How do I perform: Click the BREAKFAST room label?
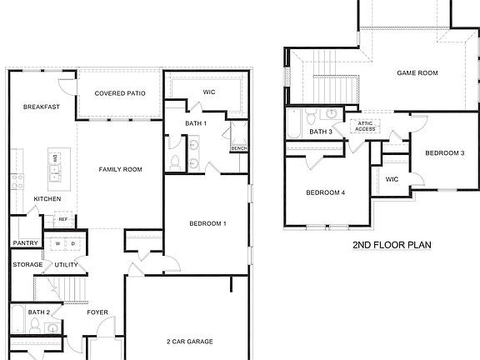(40, 107)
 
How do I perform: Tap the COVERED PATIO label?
(120, 93)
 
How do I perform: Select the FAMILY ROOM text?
(121, 169)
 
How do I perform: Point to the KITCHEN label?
(47, 198)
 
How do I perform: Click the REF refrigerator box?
(62, 219)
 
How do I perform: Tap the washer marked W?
(58, 243)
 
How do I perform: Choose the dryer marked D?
(72, 243)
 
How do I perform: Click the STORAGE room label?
(27, 265)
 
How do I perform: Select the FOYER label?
(98, 312)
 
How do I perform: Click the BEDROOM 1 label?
(207, 223)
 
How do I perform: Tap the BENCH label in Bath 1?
(238, 148)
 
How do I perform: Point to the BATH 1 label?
(197, 123)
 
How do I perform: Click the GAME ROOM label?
(416, 73)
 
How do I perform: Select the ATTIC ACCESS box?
(365, 127)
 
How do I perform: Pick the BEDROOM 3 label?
(444, 152)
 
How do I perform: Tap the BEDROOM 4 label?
(325, 192)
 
